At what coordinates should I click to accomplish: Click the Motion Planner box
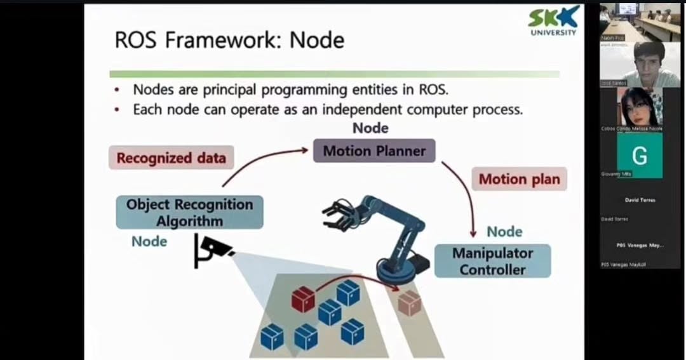pyautogui.click(x=374, y=151)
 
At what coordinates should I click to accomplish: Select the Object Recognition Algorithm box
pyautogui.click(x=189, y=212)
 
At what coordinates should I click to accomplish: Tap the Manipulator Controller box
pyautogui.click(x=492, y=261)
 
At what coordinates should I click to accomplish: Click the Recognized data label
pyautogui.click(x=171, y=158)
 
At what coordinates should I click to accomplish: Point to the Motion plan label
pyautogui.click(x=519, y=179)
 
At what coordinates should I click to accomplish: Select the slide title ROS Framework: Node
pyautogui.click(x=229, y=40)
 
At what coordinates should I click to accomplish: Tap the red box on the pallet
pyautogui.click(x=304, y=298)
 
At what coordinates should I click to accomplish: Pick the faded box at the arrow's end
pyautogui.click(x=409, y=303)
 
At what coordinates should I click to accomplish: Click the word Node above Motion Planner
pyautogui.click(x=370, y=128)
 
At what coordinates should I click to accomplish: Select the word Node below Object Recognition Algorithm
pyautogui.click(x=149, y=241)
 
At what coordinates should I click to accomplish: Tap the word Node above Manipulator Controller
pyautogui.click(x=504, y=232)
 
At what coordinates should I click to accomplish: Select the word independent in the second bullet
pyautogui.click(x=362, y=109)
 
